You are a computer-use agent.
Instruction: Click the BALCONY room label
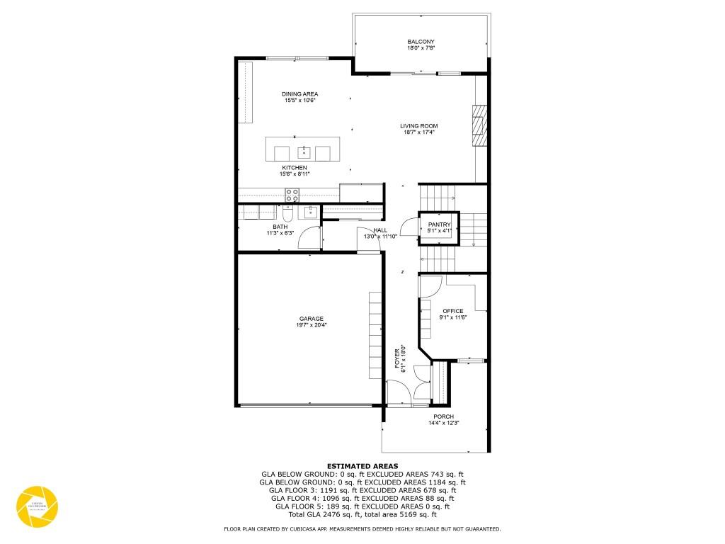coord(421,42)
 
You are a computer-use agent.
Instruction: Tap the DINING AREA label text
coord(299,94)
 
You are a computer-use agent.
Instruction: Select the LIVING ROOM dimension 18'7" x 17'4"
coord(418,132)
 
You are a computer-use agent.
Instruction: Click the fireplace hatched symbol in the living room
coord(481,125)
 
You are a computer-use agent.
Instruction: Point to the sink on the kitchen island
coord(303,151)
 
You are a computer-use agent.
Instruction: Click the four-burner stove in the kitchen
coord(292,194)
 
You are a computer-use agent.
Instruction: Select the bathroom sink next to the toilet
coord(311,211)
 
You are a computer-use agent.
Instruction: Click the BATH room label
coord(280,227)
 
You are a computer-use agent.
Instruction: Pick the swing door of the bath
coord(309,239)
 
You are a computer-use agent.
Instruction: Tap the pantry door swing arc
coord(409,228)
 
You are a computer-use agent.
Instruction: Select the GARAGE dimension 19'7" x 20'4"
coord(312,325)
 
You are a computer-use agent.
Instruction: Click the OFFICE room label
coord(453,311)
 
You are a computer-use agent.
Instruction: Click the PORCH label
coord(444,416)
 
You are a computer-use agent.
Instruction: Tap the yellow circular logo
coord(37,506)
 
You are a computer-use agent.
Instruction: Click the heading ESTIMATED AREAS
coord(362,466)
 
